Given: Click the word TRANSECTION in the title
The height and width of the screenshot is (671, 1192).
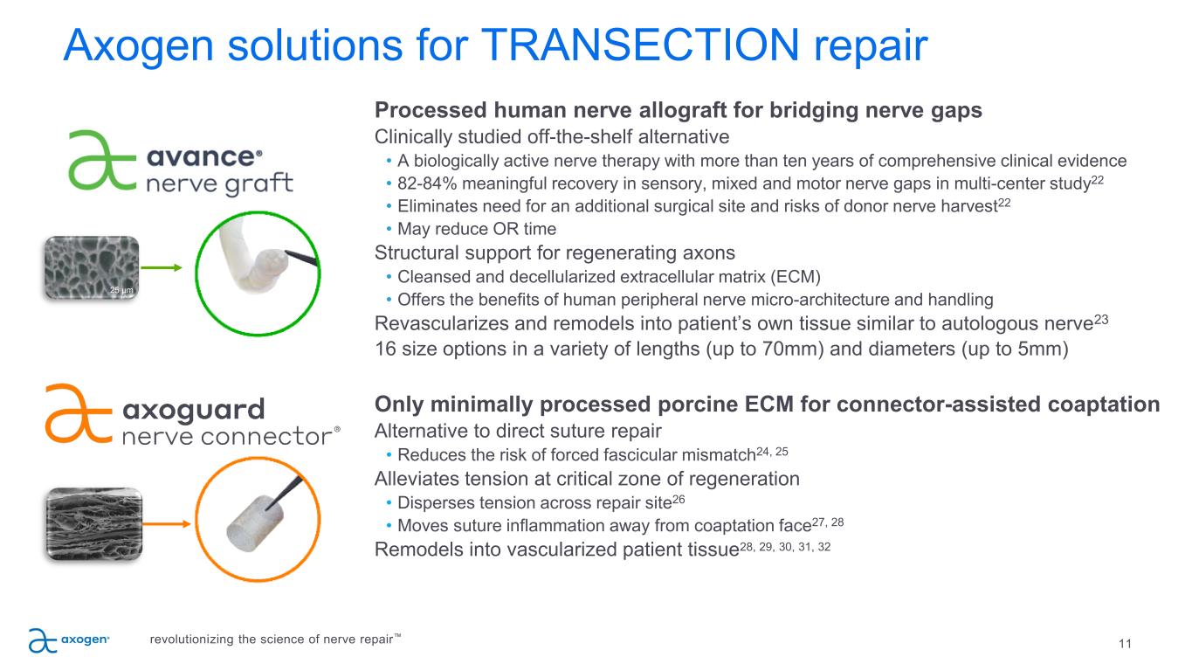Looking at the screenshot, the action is coord(639,45).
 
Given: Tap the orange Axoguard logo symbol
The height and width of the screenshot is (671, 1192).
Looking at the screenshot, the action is coord(79,414).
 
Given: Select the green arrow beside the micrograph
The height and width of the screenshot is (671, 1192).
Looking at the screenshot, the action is coord(162,267).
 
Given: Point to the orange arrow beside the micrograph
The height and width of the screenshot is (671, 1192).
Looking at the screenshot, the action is coord(167,524).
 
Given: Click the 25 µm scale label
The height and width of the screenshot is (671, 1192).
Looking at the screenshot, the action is coord(121,290).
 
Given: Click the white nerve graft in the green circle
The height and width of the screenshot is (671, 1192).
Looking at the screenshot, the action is coord(253,257).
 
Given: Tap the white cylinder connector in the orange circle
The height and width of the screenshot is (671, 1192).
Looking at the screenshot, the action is coord(255,523).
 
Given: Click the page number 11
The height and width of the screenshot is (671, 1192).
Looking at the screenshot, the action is coord(1125,644).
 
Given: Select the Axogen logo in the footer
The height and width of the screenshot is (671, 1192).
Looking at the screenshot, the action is coord(69,640).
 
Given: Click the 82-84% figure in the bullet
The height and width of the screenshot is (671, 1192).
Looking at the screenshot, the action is coord(427,183).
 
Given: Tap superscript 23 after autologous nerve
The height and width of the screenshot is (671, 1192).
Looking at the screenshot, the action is coord(1101,320).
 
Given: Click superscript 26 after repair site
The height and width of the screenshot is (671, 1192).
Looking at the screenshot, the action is coord(679,499).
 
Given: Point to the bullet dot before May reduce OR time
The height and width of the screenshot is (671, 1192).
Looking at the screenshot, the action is coord(389,228).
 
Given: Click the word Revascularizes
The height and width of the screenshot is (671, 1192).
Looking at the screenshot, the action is coord(442,324).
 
